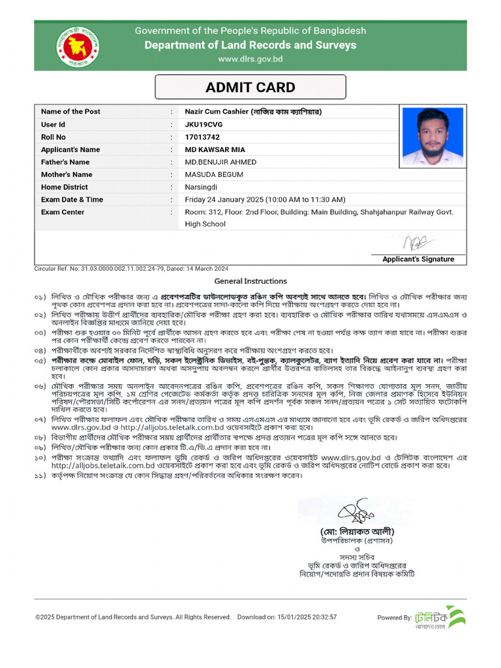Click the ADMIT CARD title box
(250, 87)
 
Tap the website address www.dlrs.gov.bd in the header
(250, 59)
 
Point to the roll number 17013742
(202, 137)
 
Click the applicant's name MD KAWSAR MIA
(215, 149)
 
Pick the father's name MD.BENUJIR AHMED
(220, 162)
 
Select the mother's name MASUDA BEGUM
(214, 174)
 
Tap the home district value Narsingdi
(202, 187)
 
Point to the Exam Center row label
(63, 212)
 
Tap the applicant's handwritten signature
(416, 243)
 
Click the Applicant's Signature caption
(418, 259)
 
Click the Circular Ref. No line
(131, 269)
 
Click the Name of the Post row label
(70, 112)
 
